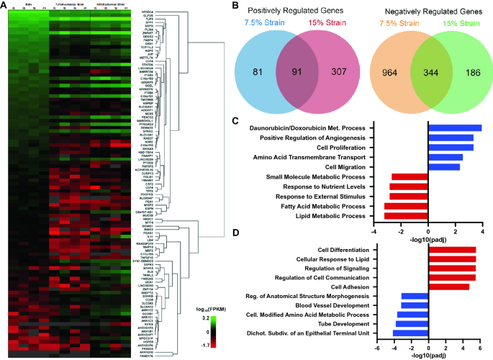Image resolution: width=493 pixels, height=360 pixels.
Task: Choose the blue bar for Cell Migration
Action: point(444,167)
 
